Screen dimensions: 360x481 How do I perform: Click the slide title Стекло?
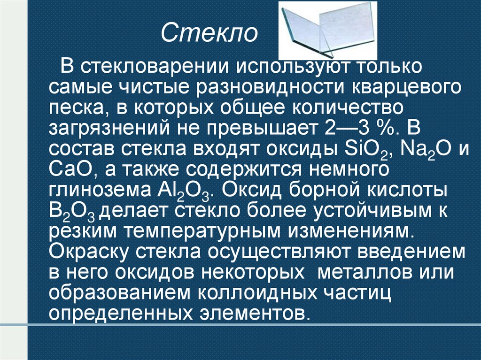coord(209,33)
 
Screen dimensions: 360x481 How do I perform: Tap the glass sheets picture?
coord(327,30)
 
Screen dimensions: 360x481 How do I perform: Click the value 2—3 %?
coord(357,129)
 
